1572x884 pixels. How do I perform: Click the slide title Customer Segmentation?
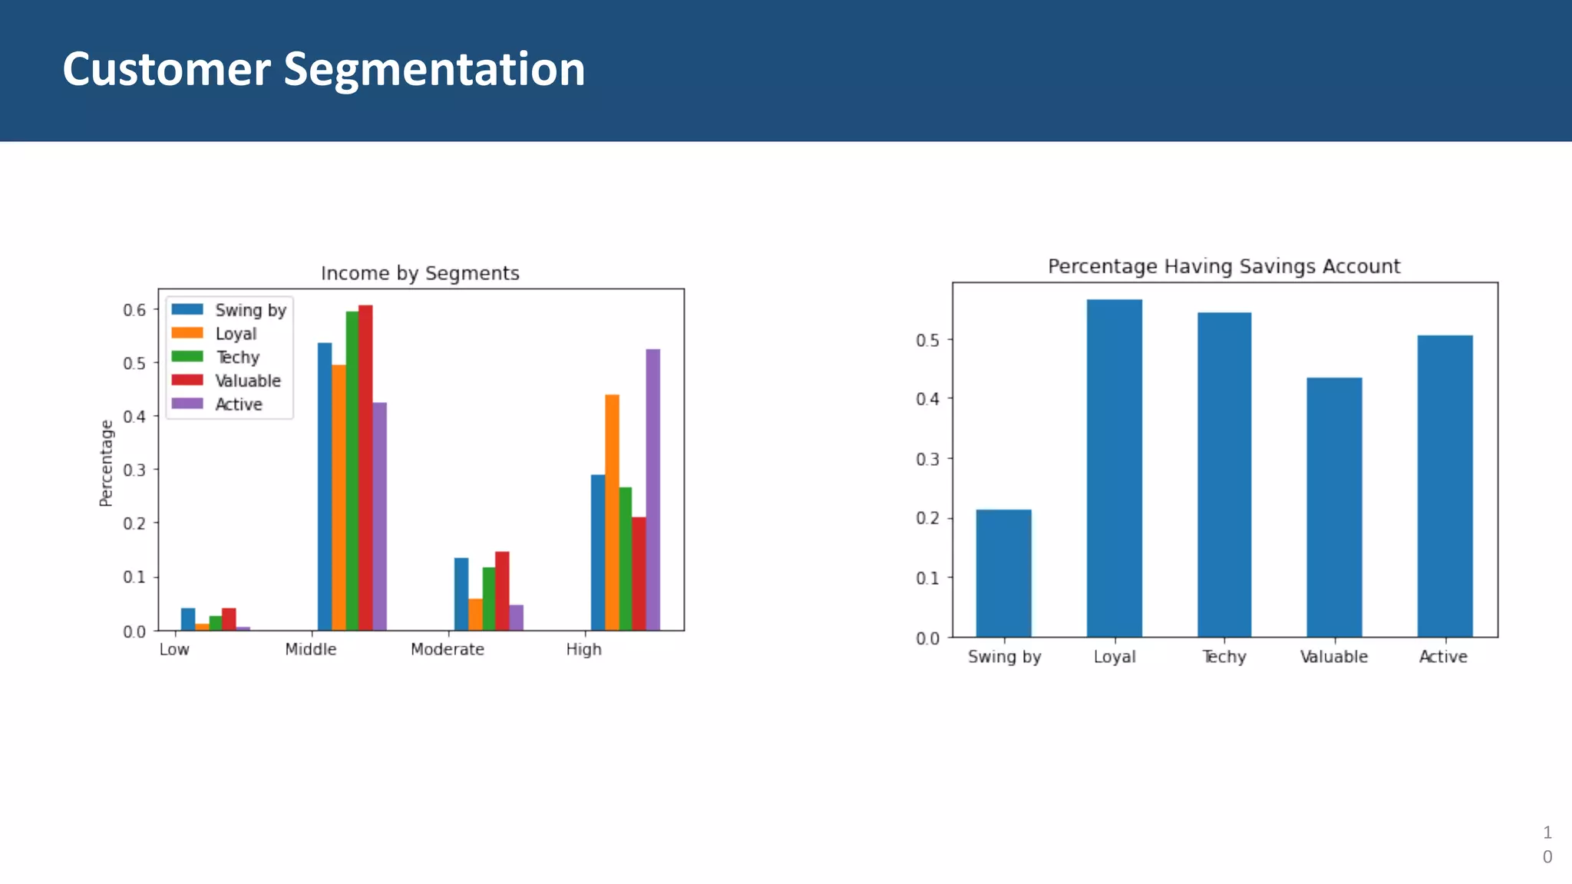[323, 69]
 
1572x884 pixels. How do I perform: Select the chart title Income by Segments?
[420, 273]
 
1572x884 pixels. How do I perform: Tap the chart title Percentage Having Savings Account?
[1224, 266]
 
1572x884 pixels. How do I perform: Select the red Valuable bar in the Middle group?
[365, 467]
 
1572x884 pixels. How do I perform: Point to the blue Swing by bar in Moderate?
[461, 594]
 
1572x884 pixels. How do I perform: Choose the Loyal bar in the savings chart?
[1114, 468]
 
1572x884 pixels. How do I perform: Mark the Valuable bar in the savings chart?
[1334, 506]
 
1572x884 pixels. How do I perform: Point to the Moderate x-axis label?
[447, 649]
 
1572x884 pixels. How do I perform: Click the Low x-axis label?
[174, 649]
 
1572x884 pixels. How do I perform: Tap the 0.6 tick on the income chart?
[134, 310]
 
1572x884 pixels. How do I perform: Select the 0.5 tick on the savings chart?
[927, 340]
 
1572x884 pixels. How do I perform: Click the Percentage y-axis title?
[106, 463]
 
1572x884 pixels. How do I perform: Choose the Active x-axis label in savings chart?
[1443, 657]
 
